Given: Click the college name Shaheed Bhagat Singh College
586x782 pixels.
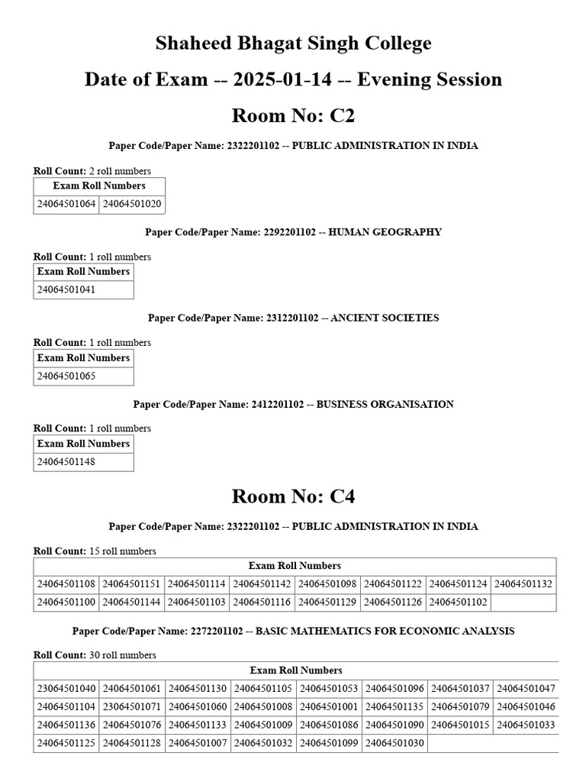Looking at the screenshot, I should coord(293,44).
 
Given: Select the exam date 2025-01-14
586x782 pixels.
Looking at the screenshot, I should coord(266,79).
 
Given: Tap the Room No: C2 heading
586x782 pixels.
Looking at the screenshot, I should coord(293,116).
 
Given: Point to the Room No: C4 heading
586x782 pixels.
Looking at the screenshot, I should coord(293,497).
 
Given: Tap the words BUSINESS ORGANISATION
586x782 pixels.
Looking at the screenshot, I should coord(385,404).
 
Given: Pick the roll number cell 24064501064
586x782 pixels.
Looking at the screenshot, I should coord(66,205).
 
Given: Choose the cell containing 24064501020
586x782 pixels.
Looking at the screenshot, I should coord(132,205).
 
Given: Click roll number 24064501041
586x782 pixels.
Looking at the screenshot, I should coord(66,290).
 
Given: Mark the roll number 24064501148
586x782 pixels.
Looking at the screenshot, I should coord(66,462).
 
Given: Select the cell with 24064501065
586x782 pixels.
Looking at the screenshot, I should coord(66,376).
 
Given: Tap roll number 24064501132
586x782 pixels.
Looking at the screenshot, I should coord(524,584).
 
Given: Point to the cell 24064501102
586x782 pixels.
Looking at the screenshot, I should coord(459,603).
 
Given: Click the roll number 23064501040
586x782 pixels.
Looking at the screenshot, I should coord(66,688).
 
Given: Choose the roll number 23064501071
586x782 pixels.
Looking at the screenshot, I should coord(132,706).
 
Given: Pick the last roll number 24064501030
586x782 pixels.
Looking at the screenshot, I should coord(394,743).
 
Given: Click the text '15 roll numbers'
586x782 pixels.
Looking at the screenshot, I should coord(123,551).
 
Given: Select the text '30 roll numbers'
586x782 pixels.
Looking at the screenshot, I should coord(123,655).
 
